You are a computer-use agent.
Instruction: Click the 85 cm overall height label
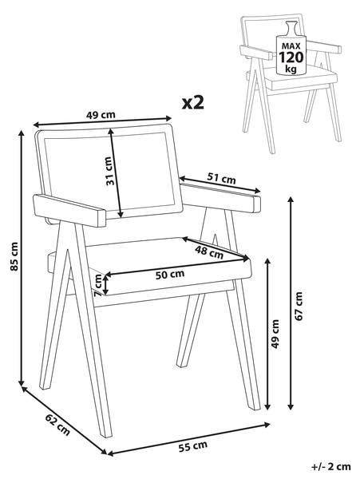(14, 256)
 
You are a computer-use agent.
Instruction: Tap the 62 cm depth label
(57, 425)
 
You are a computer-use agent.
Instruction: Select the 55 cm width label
(192, 446)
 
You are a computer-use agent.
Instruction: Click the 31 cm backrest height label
(110, 171)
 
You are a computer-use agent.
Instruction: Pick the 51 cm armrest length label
(222, 178)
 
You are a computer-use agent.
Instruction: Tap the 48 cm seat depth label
(209, 252)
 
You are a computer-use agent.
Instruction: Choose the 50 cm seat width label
(170, 274)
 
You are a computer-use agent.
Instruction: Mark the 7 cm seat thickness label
(98, 285)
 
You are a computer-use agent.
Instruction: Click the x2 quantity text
(192, 103)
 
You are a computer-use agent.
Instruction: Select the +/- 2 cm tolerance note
(331, 466)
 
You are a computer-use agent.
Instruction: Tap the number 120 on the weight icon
(291, 57)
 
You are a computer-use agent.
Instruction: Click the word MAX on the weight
(291, 46)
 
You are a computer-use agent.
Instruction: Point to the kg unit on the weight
(291, 69)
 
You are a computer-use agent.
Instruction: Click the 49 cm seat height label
(275, 334)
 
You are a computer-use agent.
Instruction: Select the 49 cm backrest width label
(101, 115)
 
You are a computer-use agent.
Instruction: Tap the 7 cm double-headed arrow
(105, 285)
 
